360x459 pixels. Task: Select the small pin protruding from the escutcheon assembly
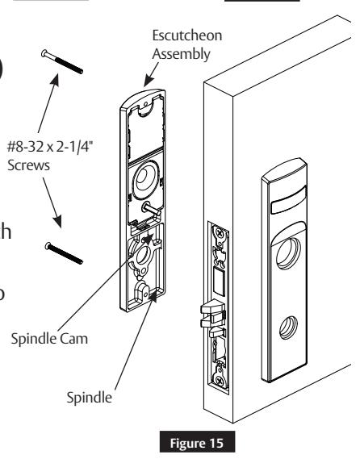(149, 208)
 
